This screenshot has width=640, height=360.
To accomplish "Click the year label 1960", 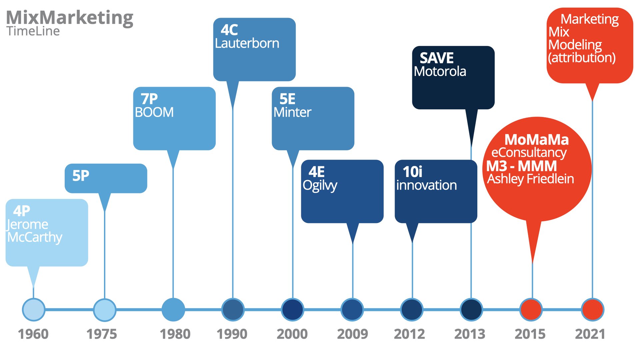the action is tap(33, 334).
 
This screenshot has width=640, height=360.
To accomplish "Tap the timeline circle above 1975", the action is tap(105, 310).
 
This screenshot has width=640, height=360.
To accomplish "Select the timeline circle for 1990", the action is tap(233, 310).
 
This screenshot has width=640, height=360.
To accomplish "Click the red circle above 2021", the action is tap(592, 310).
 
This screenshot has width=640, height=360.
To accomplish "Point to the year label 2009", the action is tap(352, 334).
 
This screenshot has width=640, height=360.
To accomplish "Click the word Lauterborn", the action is tap(247, 43).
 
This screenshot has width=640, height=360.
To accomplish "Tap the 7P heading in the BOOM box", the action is tap(149, 99).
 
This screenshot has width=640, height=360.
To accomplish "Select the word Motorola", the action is tap(440, 71).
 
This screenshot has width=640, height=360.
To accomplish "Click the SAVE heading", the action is tap(437, 58).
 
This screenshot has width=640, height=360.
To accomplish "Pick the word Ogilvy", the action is tap(320, 186).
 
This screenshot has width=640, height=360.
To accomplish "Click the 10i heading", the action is tap(412, 172).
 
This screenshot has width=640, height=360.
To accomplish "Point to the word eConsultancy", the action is tap(529, 153).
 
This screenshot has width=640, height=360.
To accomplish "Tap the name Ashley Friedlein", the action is tap(531, 179).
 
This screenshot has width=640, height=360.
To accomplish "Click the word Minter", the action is tap(292, 112).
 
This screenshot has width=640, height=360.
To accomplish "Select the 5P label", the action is tap(81, 176).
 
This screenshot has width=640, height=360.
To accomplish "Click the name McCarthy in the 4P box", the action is tap(35, 237).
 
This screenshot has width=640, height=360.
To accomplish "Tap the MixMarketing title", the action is tap(70, 18).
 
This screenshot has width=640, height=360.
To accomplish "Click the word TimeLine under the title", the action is tap(33, 31).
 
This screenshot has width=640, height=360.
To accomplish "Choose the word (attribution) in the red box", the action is tap(582, 58).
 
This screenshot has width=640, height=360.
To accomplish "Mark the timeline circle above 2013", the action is tap(471, 310).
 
